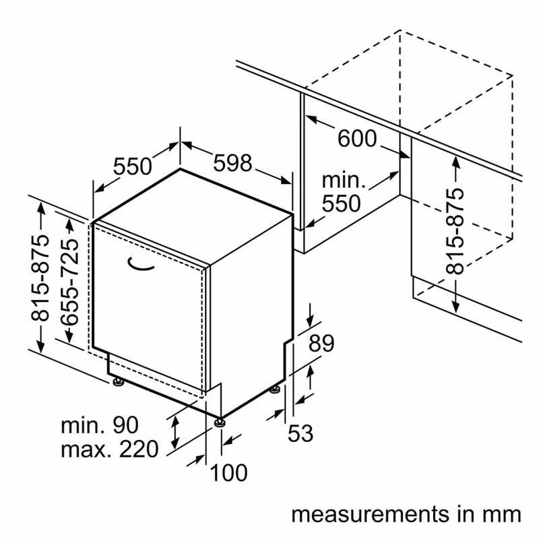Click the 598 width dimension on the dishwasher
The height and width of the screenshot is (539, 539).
(232, 164)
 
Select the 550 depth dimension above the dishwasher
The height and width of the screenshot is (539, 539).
(132, 166)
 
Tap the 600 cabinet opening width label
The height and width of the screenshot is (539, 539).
(357, 139)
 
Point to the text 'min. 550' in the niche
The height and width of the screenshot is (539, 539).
(342, 192)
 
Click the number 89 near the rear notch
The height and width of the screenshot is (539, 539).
(321, 344)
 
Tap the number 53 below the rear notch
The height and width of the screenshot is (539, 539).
(300, 433)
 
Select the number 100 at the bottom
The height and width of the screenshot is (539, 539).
(228, 473)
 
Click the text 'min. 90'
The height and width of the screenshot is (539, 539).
(100, 425)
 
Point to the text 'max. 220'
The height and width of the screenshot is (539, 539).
(109, 448)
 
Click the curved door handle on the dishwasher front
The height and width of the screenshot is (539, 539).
(142, 265)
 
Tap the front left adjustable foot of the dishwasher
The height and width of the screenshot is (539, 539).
(119, 383)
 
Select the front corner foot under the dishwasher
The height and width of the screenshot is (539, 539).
(220, 422)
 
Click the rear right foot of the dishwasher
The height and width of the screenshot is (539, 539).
(275, 389)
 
